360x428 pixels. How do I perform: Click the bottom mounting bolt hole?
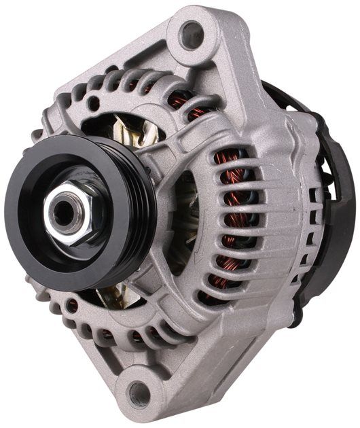[x=141, y=392]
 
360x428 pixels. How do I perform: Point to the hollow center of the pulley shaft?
[x=63, y=211]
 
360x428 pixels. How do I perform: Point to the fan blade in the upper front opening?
[x=126, y=129]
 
